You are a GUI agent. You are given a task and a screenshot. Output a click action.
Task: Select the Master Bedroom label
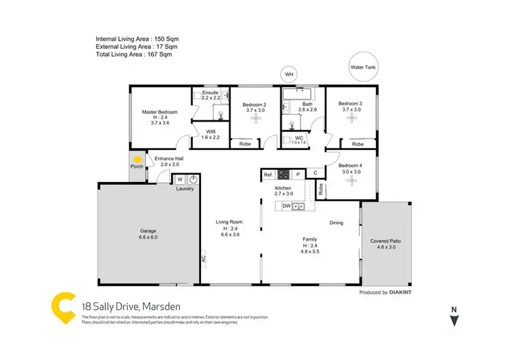(x=159, y=117)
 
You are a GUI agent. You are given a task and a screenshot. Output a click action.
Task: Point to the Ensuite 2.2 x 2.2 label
(x=210, y=96)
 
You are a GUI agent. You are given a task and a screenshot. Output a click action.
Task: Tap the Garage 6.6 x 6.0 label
(x=148, y=234)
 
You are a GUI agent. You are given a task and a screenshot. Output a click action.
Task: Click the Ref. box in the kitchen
(x=268, y=175)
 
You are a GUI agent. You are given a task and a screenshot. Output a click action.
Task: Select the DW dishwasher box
(x=286, y=205)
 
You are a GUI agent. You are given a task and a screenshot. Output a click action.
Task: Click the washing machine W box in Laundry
(x=180, y=180)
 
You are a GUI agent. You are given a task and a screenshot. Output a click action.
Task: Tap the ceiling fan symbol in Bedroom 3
(x=351, y=119)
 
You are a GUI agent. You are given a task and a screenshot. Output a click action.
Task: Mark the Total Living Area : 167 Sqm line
(x=134, y=54)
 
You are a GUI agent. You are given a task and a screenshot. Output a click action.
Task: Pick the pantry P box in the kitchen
(x=296, y=175)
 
